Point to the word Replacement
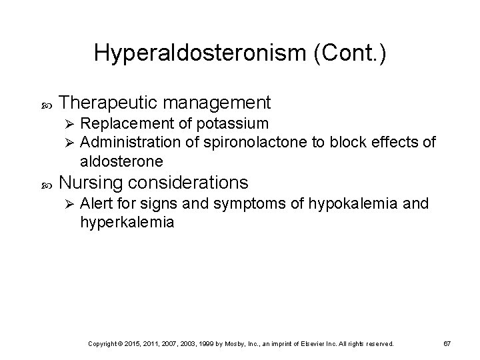coord(123,123)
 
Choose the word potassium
coord(231,123)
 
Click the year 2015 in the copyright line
coord(143,343)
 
